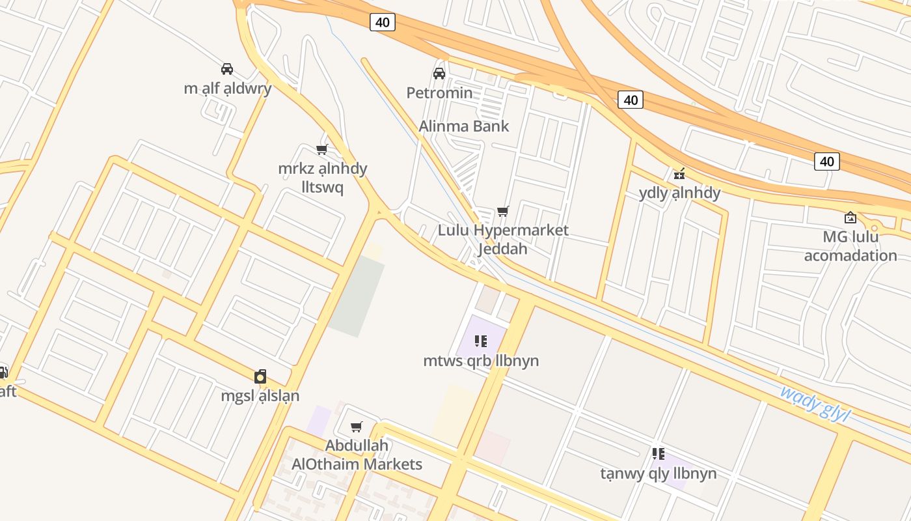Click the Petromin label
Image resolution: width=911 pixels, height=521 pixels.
click(439, 92)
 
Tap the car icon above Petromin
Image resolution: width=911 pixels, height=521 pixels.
click(439, 73)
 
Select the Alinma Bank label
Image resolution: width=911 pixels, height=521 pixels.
click(463, 126)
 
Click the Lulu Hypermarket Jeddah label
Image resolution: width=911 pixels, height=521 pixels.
click(503, 239)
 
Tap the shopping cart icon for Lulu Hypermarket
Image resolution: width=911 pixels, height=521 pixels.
click(502, 211)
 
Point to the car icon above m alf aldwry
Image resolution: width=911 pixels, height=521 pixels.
click(227, 68)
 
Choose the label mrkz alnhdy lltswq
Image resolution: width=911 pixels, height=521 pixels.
click(323, 177)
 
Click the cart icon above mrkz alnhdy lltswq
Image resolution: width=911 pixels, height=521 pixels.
click(321, 149)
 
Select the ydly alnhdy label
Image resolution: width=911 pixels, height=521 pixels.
click(679, 193)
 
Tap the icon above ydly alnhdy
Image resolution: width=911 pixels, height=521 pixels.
click(679, 173)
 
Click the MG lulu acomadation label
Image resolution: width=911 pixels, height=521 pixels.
click(850, 246)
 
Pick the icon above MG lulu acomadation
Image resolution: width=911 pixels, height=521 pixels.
click(850, 218)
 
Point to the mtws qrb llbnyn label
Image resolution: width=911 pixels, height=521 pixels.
click(481, 360)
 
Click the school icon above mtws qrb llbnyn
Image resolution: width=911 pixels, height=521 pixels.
click(481, 341)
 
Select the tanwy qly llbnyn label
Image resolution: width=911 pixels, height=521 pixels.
click(658, 473)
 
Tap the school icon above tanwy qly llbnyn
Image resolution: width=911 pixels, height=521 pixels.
click(658, 453)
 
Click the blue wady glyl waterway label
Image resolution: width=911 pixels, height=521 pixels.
click(815, 403)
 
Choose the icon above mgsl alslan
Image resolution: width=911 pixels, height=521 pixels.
click(260, 376)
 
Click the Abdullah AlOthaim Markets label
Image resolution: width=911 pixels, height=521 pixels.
click(357, 455)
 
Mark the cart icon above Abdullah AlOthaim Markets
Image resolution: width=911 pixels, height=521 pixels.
click(356, 427)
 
